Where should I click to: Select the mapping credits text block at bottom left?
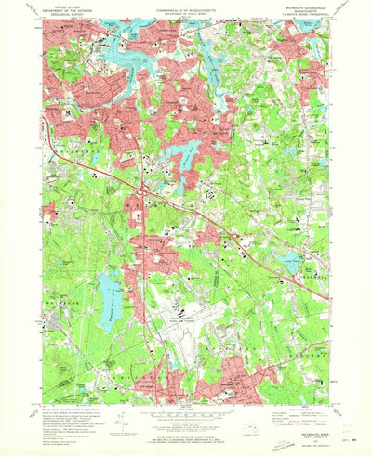pyautogui.click(x=70, y=414)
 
